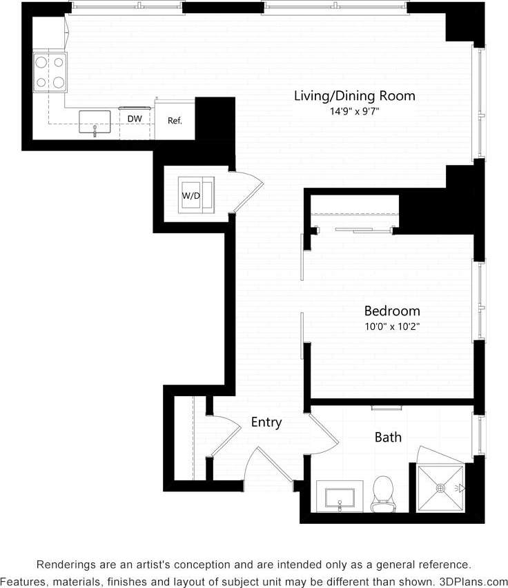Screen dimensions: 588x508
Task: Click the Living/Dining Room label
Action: [355, 96]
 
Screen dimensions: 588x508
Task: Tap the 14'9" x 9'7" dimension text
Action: [355, 110]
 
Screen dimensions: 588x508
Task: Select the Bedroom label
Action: [392, 311]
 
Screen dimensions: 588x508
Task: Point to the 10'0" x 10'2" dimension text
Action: [392, 326]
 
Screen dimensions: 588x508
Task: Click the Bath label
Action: [388, 437]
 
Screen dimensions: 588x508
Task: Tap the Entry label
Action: [266, 422]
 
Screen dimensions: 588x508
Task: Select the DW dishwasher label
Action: [135, 119]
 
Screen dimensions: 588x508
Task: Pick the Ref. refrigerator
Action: [175, 121]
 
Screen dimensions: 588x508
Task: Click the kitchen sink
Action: [95, 122]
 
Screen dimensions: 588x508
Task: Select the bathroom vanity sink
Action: [340, 497]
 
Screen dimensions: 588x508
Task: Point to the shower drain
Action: [440, 488]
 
